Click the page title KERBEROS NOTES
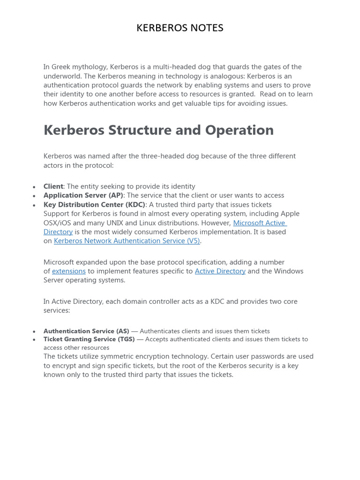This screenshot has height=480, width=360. point(180,28)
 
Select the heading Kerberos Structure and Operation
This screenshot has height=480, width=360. point(158,130)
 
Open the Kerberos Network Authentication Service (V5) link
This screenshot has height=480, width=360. point(127,241)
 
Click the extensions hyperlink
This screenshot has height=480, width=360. point(69,271)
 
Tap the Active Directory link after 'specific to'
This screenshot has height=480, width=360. point(220,271)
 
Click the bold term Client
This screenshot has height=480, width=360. point(53,187)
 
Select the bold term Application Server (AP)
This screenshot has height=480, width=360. point(83,195)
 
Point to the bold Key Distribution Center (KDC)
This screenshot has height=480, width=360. point(94,204)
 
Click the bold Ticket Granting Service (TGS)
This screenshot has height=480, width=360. point(89,339)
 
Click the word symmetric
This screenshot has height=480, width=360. point(115,356)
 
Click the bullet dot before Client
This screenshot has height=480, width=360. point(34,187)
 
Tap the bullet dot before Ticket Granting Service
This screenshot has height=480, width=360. point(34,340)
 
